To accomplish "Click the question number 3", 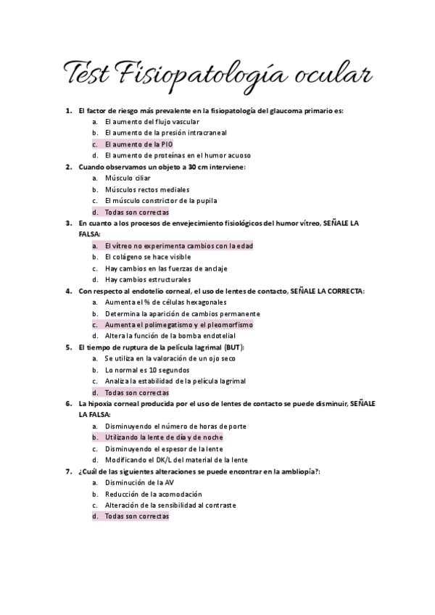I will pyautogui.click(x=67, y=223).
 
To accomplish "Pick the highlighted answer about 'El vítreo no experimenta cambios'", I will pyautogui.click(x=178, y=246).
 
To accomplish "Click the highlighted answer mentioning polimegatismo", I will pyautogui.click(x=178, y=325).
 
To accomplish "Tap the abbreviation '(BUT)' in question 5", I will pyautogui.click(x=233, y=347).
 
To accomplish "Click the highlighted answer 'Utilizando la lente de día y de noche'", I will pyautogui.click(x=164, y=437).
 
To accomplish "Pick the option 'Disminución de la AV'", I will pyautogui.click(x=138, y=482).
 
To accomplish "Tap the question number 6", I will pyautogui.click(x=67, y=403).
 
